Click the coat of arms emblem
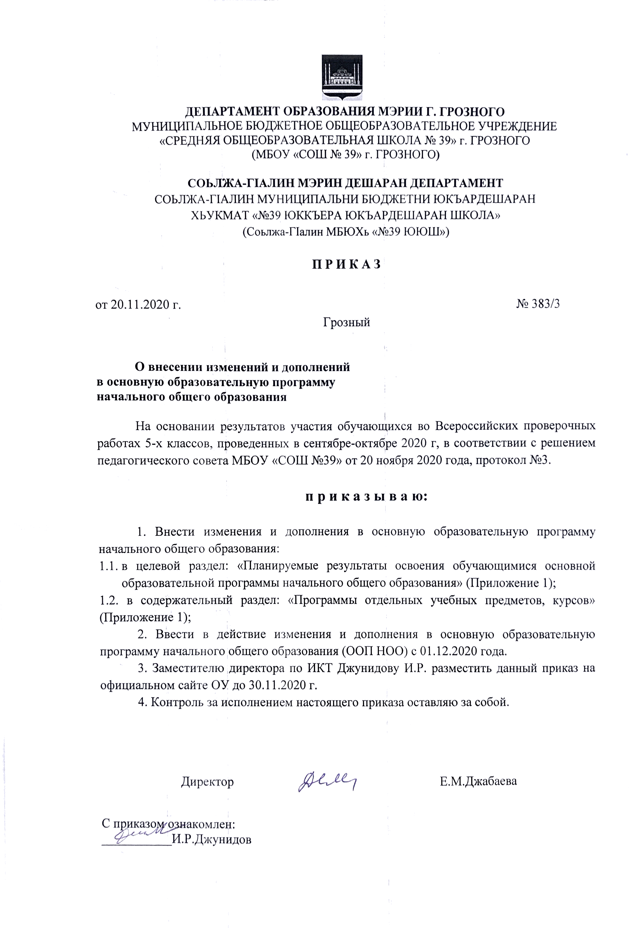(x=342, y=77)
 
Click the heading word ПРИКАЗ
(x=346, y=264)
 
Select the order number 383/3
(x=545, y=304)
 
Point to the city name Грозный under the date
(x=346, y=322)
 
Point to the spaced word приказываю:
(x=366, y=497)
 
